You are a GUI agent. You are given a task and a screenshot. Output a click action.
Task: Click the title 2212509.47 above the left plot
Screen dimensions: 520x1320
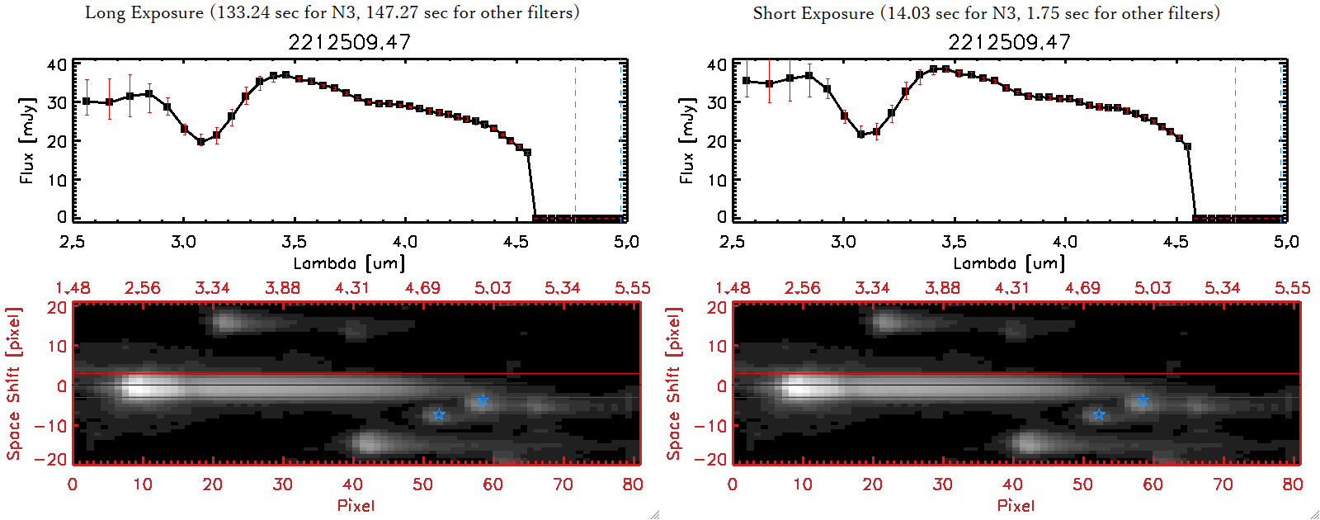(349, 42)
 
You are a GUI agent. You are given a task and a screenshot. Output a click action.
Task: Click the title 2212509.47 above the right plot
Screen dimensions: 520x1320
(1009, 42)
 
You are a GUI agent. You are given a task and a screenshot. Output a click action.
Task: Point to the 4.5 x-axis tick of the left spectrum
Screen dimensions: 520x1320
(516, 242)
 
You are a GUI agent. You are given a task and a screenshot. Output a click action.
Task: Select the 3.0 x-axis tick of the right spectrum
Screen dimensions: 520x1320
(843, 242)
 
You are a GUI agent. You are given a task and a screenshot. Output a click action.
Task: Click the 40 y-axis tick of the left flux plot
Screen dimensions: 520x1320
(57, 64)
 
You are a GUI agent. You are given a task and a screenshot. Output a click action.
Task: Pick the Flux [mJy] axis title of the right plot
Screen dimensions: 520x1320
(686, 140)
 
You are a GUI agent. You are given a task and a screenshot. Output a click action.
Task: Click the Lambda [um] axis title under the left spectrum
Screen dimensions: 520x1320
(349, 263)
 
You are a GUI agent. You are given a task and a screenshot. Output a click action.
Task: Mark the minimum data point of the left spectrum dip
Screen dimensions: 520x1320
(200, 142)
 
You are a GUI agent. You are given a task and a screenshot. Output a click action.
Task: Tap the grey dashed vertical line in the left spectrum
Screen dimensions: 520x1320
(575, 140)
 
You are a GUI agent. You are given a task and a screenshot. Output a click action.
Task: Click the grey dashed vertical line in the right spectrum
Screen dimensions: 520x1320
(1235, 140)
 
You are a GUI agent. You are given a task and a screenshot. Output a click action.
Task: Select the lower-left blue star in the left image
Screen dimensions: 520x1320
(439, 414)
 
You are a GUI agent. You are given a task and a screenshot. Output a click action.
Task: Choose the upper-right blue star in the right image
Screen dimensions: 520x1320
(1143, 400)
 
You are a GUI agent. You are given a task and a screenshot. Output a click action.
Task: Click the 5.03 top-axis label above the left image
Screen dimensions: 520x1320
(493, 288)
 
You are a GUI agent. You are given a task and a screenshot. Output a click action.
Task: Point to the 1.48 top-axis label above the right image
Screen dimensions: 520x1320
(733, 288)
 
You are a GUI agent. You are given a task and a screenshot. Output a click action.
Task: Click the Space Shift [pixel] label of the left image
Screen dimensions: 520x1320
(13, 384)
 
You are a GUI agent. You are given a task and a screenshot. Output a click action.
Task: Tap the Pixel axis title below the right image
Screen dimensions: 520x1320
(1016, 505)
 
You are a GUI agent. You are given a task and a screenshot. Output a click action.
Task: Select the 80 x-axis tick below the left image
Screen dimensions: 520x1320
(633, 485)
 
